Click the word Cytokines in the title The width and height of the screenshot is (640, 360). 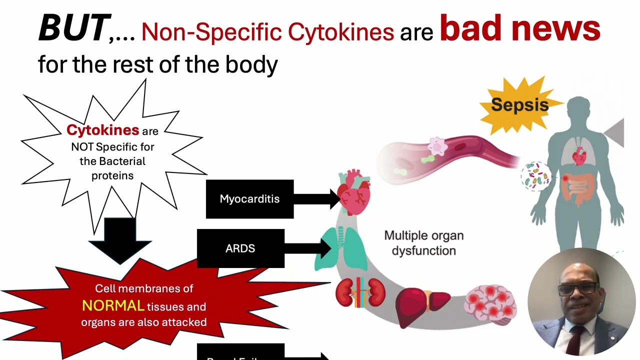coord(340,32)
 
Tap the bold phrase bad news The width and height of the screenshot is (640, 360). coord(519,29)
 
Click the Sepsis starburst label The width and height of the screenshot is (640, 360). coord(519,105)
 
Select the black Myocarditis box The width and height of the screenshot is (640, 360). coord(249,199)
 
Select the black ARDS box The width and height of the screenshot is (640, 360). coord(240,248)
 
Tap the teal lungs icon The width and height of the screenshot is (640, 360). coord(341,248)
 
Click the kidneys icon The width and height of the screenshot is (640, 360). coord(360,293)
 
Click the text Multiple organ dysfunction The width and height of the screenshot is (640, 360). coord(423,243)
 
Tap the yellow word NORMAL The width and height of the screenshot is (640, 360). coord(113,306)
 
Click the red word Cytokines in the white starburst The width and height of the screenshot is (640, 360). coord(102,130)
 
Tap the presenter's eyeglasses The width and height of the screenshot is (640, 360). coord(578,288)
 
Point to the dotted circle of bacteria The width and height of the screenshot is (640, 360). coord(535,176)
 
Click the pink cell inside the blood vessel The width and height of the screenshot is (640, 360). coord(437,146)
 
